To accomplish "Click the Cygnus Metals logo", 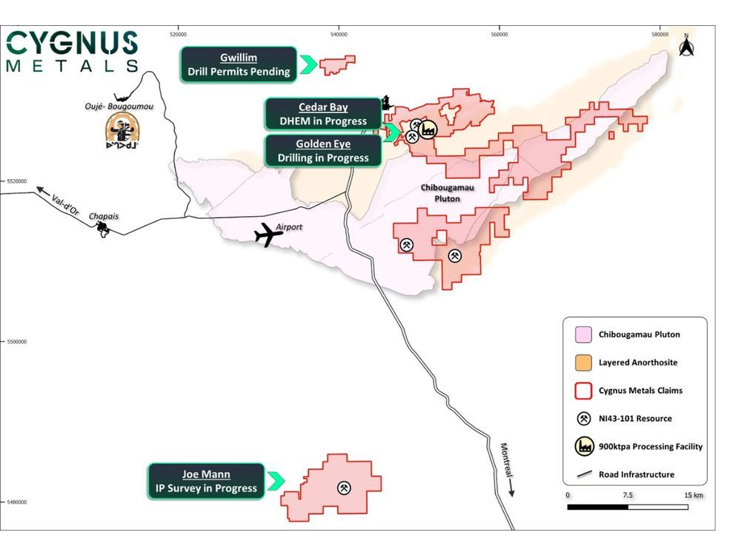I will pyautogui.click(x=72, y=51).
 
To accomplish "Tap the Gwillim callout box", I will pyautogui.click(x=239, y=64).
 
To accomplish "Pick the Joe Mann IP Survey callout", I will pyautogui.click(x=206, y=481).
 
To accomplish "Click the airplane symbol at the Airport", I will pyautogui.click(x=268, y=236).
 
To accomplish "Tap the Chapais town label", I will pyautogui.click(x=104, y=217).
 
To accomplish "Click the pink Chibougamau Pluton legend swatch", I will pyautogui.click(x=582, y=334).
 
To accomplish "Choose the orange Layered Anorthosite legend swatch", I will pyautogui.click(x=582, y=363).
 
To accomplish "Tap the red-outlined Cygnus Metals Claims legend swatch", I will pyautogui.click(x=582, y=391).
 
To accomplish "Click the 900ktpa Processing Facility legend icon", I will pyautogui.click(x=582, y=446).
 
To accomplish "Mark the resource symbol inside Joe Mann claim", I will pyautogui.click(x=344, y=488).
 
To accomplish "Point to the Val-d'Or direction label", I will pyautogui.click(x=64, y=198).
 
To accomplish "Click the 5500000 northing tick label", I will pyautogui.click(x=16, y=342).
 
